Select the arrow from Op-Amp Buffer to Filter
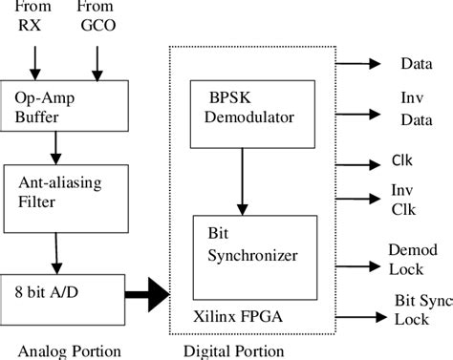(56, 146)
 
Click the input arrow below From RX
(35, 60)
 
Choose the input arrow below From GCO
(96, 60)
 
